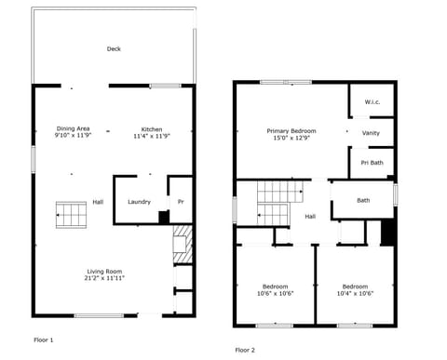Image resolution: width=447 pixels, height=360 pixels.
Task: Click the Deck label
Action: (x=114, y=49)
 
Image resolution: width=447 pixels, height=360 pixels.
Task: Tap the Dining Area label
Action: (x=73, y=128)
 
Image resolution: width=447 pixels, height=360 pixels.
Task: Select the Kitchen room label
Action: (x=152, y=128)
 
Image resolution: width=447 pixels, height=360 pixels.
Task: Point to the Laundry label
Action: (x=139, y=202)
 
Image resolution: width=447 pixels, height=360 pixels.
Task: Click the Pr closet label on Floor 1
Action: (x=181, y=202)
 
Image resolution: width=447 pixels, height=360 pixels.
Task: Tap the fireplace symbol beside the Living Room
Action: (x=182, y=244)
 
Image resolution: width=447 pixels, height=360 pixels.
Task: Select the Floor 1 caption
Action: (x=44, y=340)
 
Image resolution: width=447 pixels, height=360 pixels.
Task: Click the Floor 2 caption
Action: (x=244, y=350)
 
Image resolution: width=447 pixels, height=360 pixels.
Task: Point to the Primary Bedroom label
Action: (x=291, y=131)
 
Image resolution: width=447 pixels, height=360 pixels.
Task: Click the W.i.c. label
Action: (x=371, y=103)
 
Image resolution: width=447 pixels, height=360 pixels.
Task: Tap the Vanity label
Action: (x=371, y=133)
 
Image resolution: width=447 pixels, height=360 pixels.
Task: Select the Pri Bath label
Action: (x=371, y=163)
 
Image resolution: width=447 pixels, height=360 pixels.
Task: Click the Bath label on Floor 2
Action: (x=363, y=200)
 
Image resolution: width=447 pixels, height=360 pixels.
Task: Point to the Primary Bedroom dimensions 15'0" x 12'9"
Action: (x=291, y=139)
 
